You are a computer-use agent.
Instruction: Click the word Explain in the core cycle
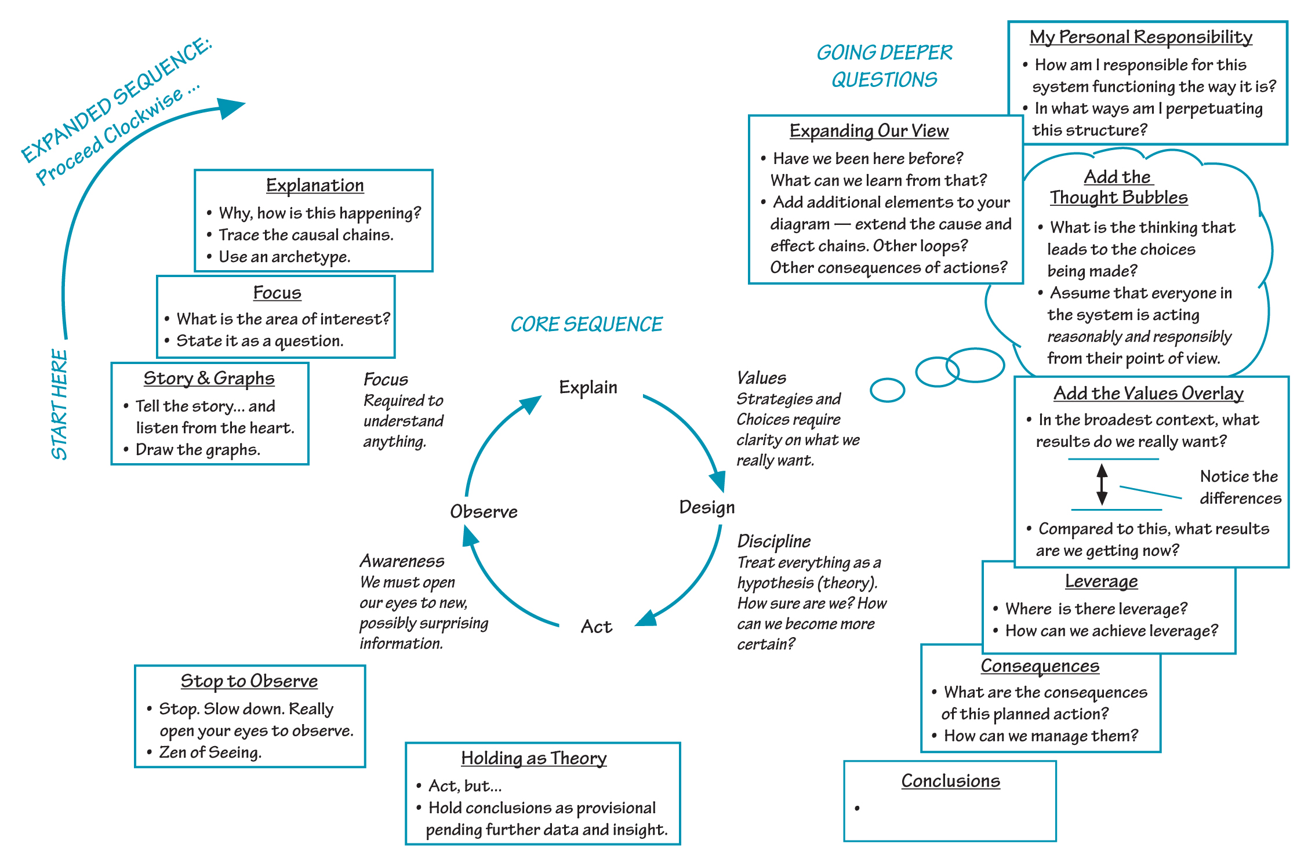(x=588, y=387)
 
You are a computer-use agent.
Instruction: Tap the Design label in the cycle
(x=707, y=507)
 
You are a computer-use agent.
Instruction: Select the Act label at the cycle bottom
(x=597, y=627)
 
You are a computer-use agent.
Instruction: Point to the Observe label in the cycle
(x=484, y=511)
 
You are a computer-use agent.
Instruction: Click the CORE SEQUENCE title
(x=586, y=324)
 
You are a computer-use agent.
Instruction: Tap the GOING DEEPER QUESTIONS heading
(x=884, y=66)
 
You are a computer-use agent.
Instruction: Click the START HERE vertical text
(x=60, y=405)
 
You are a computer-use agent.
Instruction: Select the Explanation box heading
(x=315, y=186)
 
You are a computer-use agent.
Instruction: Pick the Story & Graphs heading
(x=209, y=379)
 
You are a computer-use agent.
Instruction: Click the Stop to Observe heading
(x=249, y=681)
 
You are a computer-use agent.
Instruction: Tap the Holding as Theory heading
(x=533, y=758)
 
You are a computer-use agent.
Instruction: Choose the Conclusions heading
(x=950, y=781)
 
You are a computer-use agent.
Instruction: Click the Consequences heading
(x=1040, y=666)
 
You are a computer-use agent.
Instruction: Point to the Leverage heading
(x=1101, y=581)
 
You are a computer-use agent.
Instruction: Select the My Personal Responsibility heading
(x=1140, y=37)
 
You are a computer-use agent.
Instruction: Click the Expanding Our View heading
(x=869, y=131)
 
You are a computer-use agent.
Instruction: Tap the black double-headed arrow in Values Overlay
(x=1102, y=484)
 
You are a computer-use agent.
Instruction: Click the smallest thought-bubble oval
(x=887, y=390)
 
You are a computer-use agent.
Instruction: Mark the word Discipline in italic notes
(x=773, y=541)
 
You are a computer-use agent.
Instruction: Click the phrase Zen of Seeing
(x=210, y=752)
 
